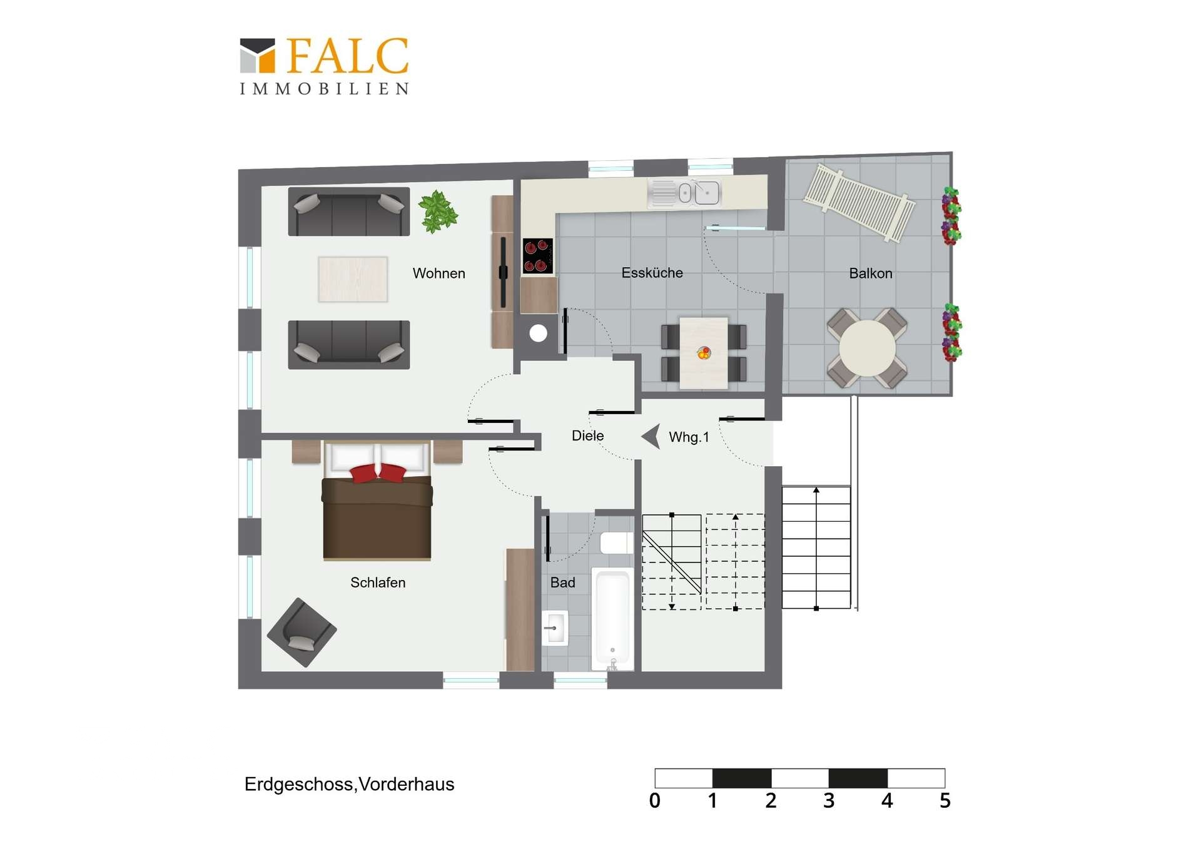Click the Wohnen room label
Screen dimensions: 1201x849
438,273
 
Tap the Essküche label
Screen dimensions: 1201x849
652,273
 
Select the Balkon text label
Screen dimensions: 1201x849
870,273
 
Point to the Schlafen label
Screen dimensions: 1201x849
378,582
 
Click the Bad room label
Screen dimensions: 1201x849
562,582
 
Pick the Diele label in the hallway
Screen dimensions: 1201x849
587,435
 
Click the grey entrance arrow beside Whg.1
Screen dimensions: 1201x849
651,436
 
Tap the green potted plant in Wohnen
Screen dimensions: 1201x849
438,211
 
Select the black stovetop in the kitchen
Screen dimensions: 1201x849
538,256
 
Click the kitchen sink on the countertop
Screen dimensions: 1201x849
685,193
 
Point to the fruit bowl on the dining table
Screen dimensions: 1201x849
704,353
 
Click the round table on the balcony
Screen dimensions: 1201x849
867,348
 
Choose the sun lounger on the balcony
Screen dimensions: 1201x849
859,201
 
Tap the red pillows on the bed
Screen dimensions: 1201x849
378,472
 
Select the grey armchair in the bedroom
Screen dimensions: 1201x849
302,632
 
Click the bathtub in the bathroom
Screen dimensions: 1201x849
612,618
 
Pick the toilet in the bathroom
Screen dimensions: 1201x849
617,542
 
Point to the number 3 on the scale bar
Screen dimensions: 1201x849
829,800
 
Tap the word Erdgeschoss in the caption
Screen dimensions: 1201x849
298,784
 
